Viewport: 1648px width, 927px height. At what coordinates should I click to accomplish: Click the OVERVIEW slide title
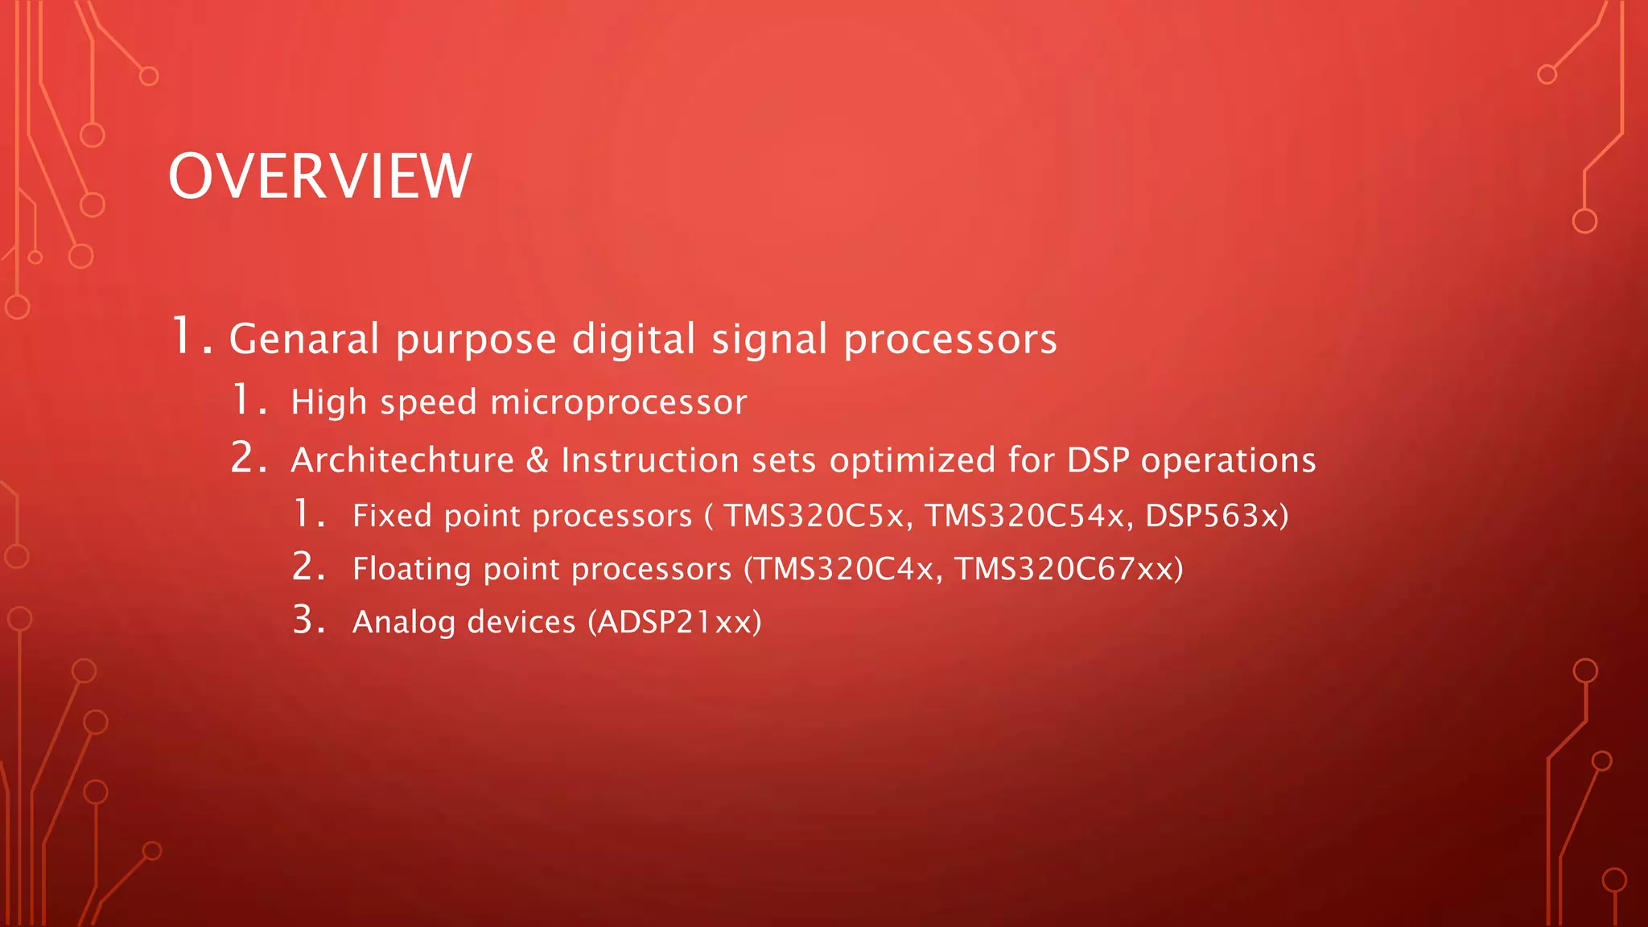click(x=319, y=176)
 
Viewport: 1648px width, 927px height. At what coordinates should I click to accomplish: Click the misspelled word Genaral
click(x=303, y=339)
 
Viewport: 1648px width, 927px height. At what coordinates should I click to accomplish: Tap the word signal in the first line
click(x=769, y=339)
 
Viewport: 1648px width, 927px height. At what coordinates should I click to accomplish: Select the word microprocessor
click(x=618, y=402)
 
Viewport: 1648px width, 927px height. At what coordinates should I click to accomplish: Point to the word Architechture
click(x=402, y=460)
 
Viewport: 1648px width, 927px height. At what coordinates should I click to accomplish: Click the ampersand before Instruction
click(x=537, y=460)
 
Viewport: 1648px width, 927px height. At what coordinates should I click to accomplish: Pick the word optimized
click(x=913, y=460)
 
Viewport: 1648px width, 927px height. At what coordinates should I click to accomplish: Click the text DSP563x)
click(x=1217, y=516)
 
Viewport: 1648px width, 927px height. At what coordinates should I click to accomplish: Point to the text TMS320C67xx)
click(x=1069, y=569)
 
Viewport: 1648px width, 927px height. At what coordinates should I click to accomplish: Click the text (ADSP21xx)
click(x=674, y=622)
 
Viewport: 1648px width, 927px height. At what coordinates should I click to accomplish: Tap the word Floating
click(x=411, y=569)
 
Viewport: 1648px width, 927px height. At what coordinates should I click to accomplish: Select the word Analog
click(x=403, y=623)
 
